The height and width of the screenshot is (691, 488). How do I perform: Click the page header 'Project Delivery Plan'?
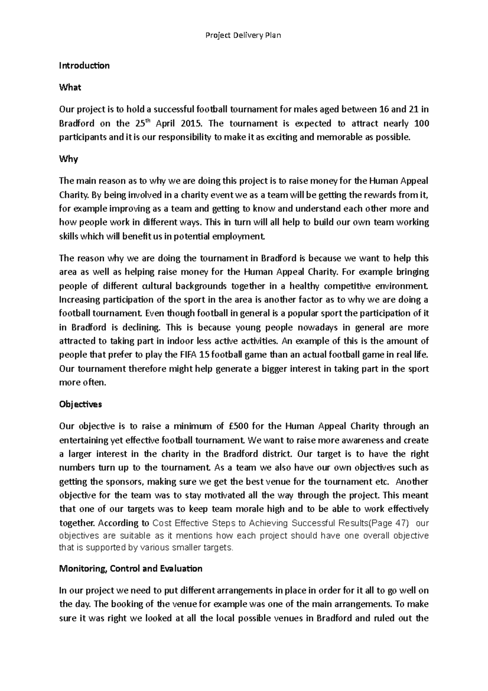[x=243, y=35]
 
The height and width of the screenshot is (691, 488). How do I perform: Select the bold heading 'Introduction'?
[x=84, y=66]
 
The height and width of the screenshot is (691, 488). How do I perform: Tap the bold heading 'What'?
[x=70, y=87]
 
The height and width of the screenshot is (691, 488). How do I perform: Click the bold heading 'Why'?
[x=68, y=159]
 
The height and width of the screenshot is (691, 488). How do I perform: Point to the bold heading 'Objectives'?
[x=81, y=405]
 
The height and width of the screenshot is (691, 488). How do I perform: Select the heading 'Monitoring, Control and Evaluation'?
[x=131, y=569]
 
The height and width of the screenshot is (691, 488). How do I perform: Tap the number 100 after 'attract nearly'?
[x=421, y=124]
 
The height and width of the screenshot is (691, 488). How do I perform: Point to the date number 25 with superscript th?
[x=137, y=123]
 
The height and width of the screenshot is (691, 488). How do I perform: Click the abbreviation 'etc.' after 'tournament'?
[x=380, y=482]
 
